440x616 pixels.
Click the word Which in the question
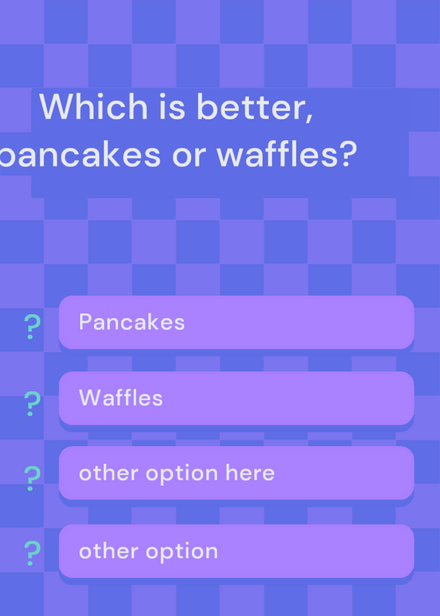point(93,106)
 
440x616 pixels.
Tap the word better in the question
point(250,106)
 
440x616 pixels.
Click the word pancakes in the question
point(80,156)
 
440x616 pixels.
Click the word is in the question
point(173,106)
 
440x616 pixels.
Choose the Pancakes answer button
point(237,322)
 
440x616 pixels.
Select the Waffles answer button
point(237,398)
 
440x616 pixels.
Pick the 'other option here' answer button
point(237,473)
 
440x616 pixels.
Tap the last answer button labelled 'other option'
point(237,551)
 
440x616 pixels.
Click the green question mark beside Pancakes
point(32,326)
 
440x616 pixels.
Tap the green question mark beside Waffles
point(32,403)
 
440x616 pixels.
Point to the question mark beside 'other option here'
point(32,478)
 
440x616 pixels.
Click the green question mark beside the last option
point(32,553)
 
